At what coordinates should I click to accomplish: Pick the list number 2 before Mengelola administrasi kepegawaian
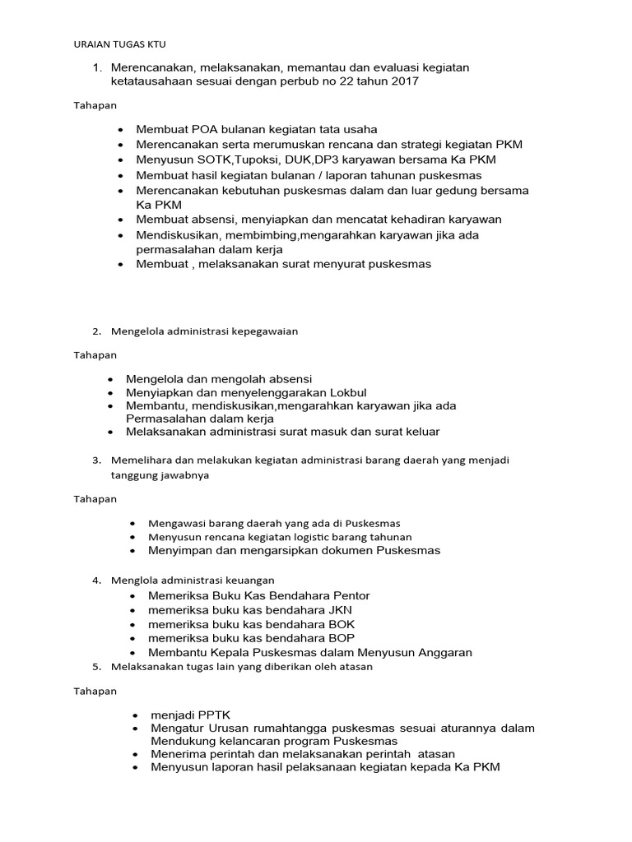click(x=95, y=331)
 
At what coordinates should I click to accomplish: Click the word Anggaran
click(x=444, y=653)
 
